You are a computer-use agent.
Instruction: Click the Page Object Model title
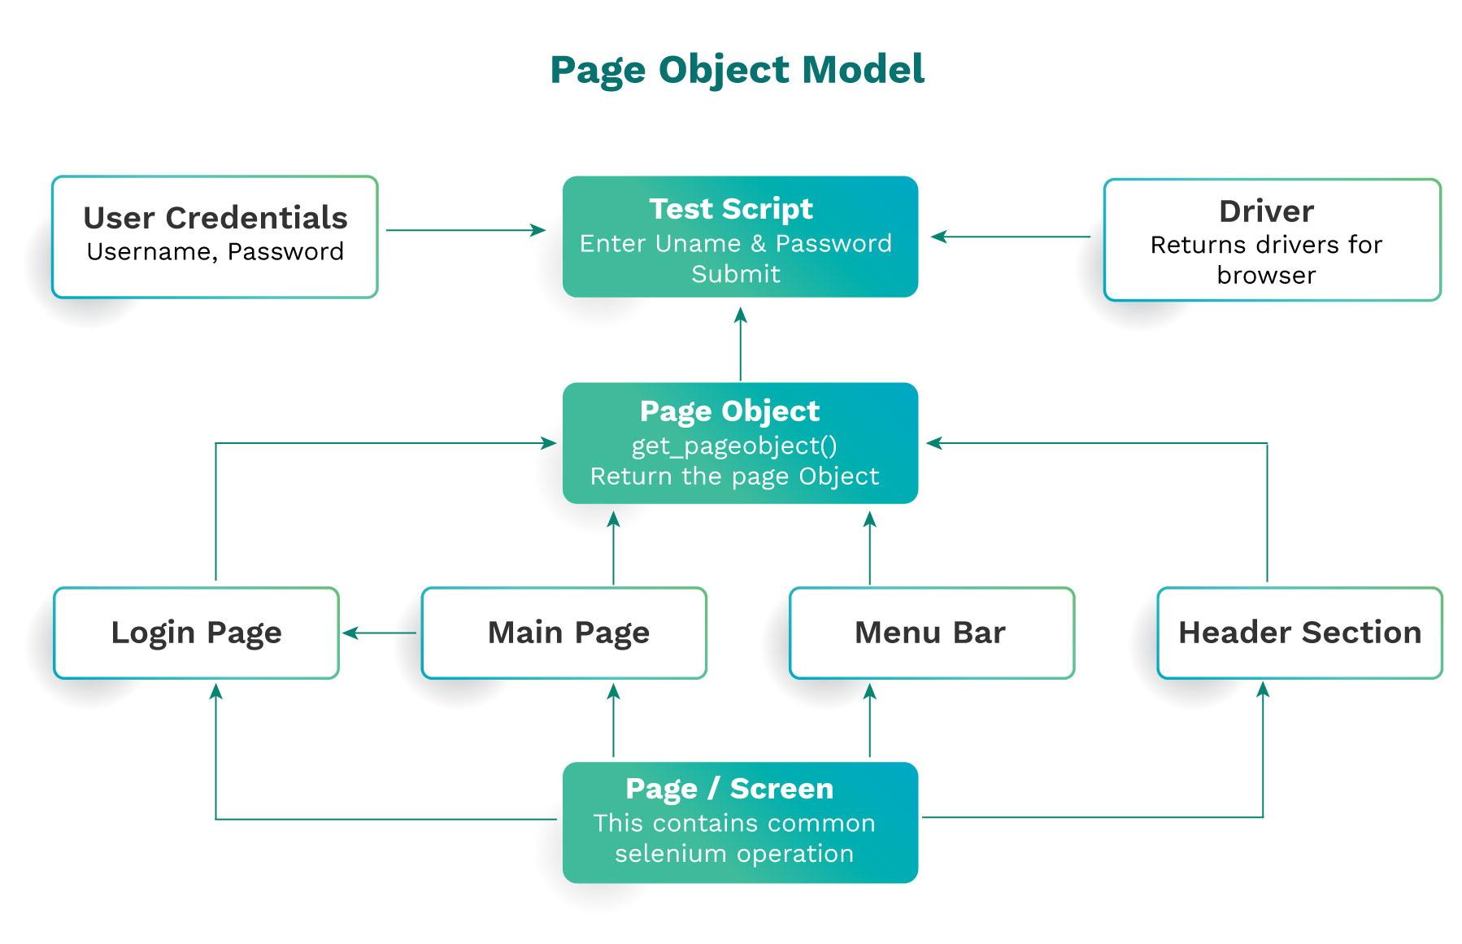737,70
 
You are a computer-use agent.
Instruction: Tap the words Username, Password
215,252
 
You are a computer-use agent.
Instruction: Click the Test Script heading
730,209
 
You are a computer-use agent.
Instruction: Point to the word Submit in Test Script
735,274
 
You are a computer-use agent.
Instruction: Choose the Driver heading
1265,211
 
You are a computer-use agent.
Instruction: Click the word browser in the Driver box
1265,276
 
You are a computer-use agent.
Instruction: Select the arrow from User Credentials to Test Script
465,230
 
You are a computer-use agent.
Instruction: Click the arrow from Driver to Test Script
1012,237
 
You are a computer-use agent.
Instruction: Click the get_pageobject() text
733,446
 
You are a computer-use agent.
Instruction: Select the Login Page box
196,633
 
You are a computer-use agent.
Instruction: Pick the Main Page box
568,633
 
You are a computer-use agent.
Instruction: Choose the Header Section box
1299,633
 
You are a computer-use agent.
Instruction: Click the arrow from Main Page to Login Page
380,633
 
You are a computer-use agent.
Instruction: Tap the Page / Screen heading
729,789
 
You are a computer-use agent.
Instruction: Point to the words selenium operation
733,854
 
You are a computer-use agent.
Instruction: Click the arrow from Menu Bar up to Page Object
869,548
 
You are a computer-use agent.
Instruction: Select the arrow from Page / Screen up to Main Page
613,720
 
